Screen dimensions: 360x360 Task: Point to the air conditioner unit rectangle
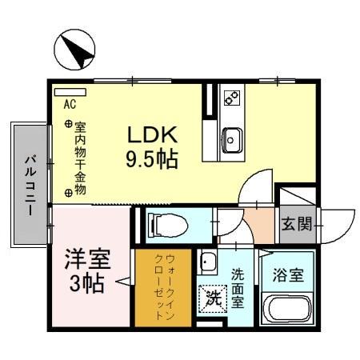(70, 92)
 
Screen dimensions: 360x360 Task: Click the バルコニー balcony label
(28, 184)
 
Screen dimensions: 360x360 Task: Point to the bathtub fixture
(290, 308)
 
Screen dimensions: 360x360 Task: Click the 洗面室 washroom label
(238, 288)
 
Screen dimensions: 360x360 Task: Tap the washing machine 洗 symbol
(212, 298)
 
